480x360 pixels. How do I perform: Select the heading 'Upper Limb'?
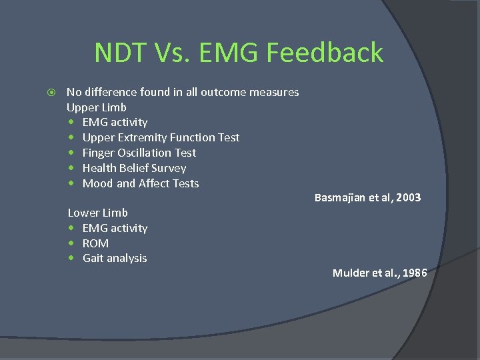pyautogui.click(x=96, y=107)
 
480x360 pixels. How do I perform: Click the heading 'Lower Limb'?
pyautogui.click(x=97, y=213)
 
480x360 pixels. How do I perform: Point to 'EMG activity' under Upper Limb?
pyautogui.click(x=115, y=122)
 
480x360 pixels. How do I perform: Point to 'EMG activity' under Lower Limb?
pyautogui.click(x=115, y=228)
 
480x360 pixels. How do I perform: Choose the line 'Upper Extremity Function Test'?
pyautogui.click(x=161, y=137)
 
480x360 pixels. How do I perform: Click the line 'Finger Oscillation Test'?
pyautogui.click(x=139, y=153)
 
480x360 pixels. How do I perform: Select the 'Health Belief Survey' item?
pyautogui.click(x=134, y=168)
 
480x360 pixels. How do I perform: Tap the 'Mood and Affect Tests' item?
pyautogui.click(x=140, y=183)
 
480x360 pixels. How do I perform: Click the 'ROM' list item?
pyautogui.click(x=95, y=243)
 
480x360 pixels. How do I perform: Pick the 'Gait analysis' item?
pyautogui.click(x=115, y=258)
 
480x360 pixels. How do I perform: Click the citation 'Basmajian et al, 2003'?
pyautogui.click(x=367, y=197)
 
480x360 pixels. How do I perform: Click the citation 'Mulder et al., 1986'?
pyautogui.click(x=379, y=273)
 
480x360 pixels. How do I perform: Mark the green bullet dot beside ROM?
pyautogui.click(x=71, y=243)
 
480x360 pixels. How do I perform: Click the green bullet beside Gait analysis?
pyautogui.click(x=71, y=259)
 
